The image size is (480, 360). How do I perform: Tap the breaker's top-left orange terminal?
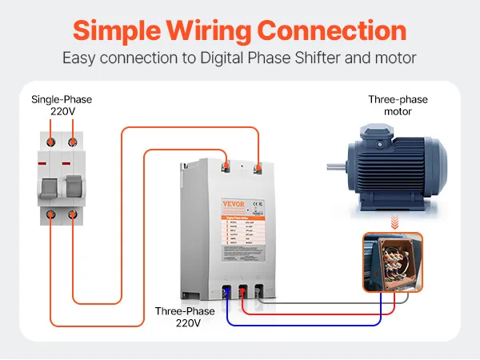(x=52, y=141)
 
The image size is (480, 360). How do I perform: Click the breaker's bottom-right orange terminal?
(x=73, y=216)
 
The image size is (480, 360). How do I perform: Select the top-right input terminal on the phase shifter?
(x=258, y=167)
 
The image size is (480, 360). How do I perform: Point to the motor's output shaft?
(x=334, y=167)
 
